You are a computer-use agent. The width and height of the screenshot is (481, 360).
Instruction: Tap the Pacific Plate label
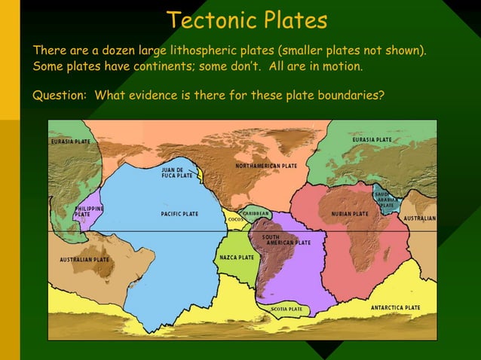(179, 214)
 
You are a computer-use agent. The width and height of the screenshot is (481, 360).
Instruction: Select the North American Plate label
(266, 166)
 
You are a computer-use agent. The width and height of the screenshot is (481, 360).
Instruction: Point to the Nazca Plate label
(237, 258)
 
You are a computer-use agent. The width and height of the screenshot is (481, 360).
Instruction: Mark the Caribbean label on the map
(256, 213)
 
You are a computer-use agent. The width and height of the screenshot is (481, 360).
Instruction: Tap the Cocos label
(235, 219)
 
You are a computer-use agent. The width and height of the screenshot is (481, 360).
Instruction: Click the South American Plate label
(286, 240)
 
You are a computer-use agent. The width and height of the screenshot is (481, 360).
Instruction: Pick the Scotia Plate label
(286, 309)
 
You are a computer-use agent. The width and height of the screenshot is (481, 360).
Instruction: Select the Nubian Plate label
(350, 214)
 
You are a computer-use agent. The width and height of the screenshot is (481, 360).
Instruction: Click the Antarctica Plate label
(395, 307)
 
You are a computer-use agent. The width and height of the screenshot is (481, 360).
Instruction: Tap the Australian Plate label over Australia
(84, 260)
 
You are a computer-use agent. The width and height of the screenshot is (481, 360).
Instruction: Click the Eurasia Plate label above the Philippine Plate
(71, 142)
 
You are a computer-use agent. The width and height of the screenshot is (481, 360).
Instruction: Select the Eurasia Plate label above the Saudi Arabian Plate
(372, 139)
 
